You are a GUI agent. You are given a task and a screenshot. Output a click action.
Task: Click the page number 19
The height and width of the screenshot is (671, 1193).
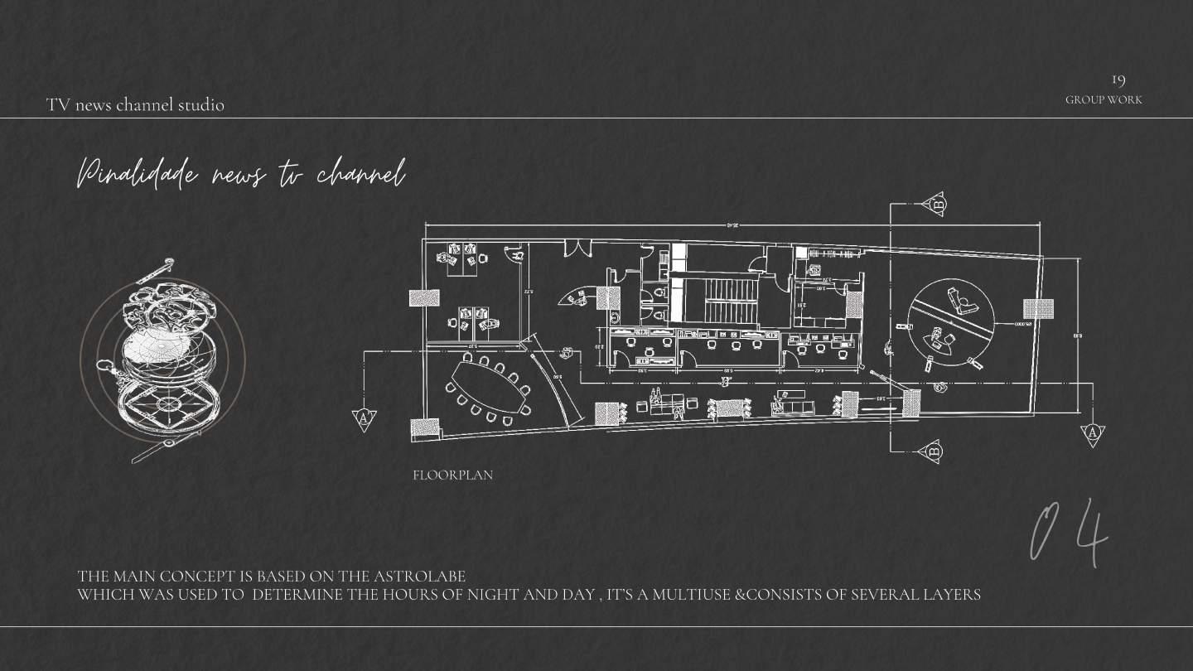point(1118,80)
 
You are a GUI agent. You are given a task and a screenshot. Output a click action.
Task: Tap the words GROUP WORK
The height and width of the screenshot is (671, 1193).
point(1104,99)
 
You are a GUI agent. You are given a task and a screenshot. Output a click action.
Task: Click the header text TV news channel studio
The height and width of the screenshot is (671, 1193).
point(135,105)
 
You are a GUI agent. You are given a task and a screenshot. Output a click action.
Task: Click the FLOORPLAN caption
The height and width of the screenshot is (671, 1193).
point(452,475)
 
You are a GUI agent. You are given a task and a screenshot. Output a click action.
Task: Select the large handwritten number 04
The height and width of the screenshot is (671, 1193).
point(1070,533)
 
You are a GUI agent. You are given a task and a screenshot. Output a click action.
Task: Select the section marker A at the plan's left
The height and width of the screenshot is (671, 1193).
point(364,418)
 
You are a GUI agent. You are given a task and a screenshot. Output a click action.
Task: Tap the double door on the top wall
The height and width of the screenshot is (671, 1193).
point(577,248)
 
